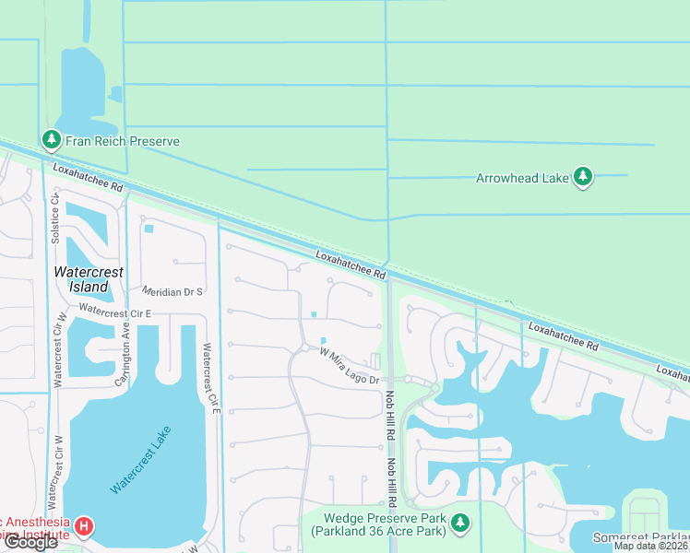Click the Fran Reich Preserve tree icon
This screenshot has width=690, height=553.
pos(51,140)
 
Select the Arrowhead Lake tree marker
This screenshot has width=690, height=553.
pos(582,176)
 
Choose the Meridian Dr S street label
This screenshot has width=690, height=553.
pos(172,291)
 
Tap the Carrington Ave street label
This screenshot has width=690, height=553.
pos(126,343)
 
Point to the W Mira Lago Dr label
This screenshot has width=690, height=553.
pos(351,365)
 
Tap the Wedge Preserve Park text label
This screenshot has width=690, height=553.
pos(378,524)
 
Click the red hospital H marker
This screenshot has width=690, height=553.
pos(84,527)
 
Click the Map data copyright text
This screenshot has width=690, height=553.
pos(651,546)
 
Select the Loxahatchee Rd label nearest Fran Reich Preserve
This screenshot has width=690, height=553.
pos(89,178)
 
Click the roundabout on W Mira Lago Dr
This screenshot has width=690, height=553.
pos(303,347)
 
